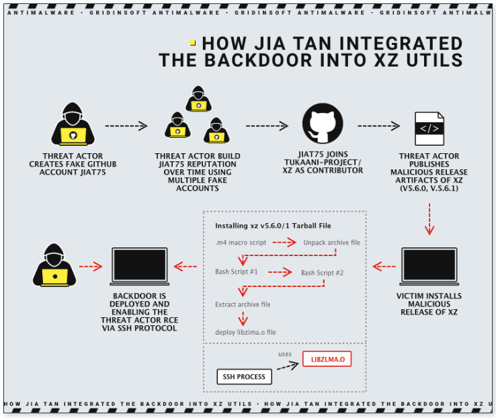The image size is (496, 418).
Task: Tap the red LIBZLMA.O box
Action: click(327, 360)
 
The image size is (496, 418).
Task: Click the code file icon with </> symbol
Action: click(429, 128)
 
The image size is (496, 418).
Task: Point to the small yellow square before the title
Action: click(193, 42)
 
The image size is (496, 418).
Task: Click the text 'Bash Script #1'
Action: click(237, 271)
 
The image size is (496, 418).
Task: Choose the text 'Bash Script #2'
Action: click(322, 273)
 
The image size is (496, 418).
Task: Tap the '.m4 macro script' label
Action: click(241, 242)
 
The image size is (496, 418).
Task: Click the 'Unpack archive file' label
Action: click(331, 242)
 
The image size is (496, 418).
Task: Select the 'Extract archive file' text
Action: click(243, 304)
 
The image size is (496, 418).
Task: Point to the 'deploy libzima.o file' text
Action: click(245, 332)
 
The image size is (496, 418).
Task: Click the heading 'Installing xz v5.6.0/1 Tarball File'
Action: click(272, 225)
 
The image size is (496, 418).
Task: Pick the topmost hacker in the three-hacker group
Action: click(198, 99)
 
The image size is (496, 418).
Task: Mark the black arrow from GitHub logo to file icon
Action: click(379, 126)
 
